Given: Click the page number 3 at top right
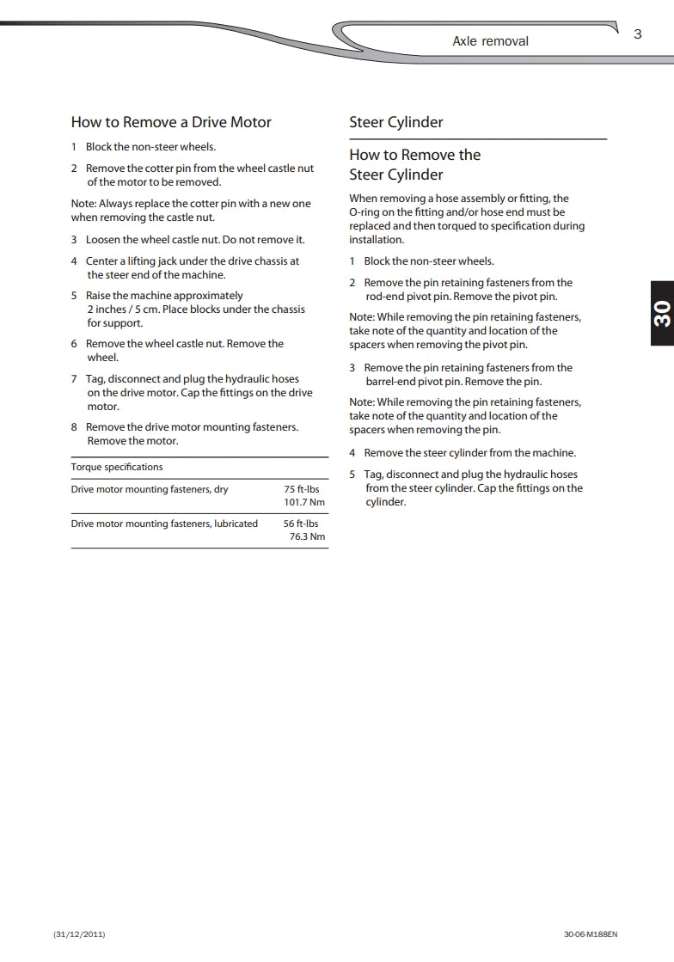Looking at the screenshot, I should click(637, 34).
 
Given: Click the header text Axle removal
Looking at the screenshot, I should click(490, 41).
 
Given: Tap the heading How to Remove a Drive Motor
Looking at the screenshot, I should click(171, 122).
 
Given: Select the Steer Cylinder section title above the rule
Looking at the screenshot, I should click(396, 122).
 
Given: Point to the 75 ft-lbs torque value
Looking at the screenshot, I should click(302, 489).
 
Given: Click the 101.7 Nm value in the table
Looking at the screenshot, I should click(304, 503).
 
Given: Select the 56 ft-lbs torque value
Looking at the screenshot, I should click(301, 524).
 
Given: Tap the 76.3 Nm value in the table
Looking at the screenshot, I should click(308, 537).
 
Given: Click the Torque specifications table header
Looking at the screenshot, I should click(116, 467).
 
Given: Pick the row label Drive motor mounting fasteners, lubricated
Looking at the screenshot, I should click(164, 524).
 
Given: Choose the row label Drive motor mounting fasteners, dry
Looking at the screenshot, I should click(150, 489).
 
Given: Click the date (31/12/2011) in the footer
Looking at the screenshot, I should click(79, 934).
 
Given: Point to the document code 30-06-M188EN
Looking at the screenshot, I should click(591, 934).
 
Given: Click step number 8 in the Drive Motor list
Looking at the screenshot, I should click(74, 427).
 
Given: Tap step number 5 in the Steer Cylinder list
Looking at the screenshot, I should click(352, 475).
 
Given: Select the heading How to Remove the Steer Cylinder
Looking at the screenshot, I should click(414, 164).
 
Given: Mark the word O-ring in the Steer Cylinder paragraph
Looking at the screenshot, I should click(365, 212).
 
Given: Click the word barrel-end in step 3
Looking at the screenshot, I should click(391, 382).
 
